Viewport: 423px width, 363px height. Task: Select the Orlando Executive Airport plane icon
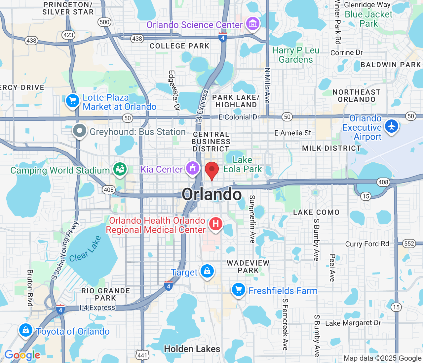392,126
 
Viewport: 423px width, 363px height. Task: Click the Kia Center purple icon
193,168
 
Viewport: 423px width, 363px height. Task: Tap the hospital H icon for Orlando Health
215,224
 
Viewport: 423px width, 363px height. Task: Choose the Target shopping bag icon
207,271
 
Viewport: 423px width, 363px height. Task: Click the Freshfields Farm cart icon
238,290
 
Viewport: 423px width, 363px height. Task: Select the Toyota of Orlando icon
25,330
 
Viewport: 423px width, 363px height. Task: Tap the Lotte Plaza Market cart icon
73,101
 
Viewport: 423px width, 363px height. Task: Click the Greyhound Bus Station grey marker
80,131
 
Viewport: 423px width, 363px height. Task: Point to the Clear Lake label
85,249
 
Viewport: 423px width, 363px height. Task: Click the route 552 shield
409,244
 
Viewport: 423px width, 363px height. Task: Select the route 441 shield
142,355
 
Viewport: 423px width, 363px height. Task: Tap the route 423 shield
68,35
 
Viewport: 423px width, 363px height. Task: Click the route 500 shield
104,22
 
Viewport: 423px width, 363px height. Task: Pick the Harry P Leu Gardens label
295,55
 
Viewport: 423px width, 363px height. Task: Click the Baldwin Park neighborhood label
391,65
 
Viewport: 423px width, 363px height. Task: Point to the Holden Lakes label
192,349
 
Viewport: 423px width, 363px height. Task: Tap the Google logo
22,355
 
